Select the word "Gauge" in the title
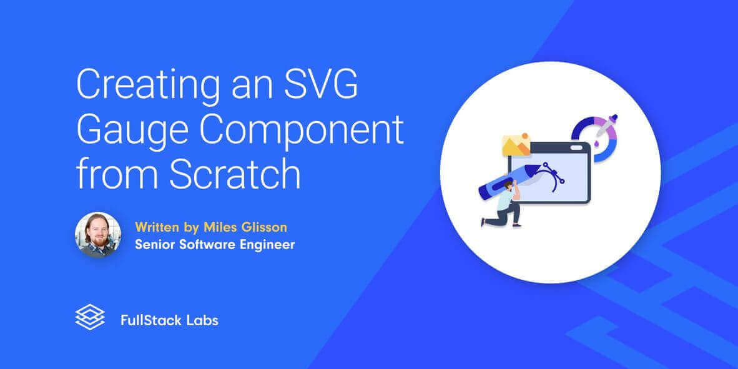[x=129, y=129]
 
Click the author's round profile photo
[x=98, y=235]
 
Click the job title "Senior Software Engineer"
[x=214, y=244]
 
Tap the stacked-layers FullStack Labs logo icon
[x=89, y=317]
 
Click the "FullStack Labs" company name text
[x=169, y=321]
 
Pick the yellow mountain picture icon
[x=516, y=145]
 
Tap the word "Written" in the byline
[x=157, y=226]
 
